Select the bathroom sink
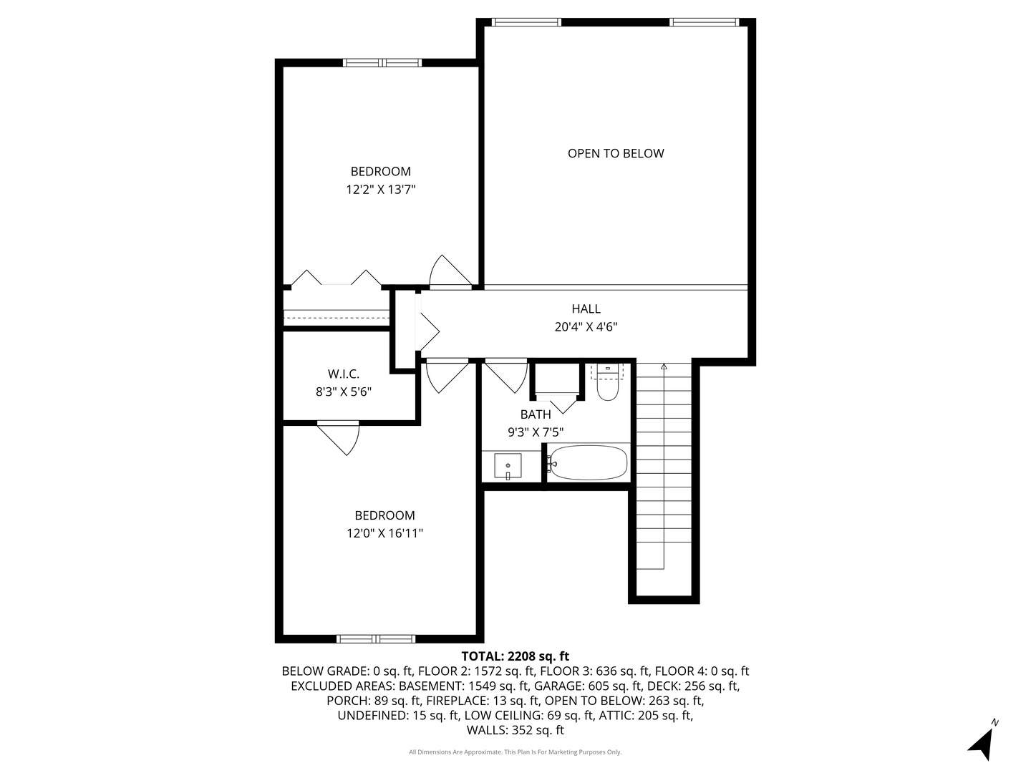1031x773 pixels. coord(508,467)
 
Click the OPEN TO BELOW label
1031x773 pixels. coord(616,153)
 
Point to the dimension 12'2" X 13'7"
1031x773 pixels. coord(381,190)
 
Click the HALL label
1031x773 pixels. coord(586,308)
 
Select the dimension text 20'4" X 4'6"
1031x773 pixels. coord(586,327)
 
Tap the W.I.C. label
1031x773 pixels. coord(344,374)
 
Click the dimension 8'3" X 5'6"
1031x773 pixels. coord(344,392)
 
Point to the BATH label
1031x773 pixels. coord(536,414)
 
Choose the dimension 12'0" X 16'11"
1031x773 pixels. coord(384,533)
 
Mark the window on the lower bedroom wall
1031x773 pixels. coord(376,638)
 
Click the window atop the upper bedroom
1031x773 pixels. coord(383,63)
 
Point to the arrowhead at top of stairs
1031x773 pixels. coord(664,366)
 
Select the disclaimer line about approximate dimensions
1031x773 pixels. coord(515,752)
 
